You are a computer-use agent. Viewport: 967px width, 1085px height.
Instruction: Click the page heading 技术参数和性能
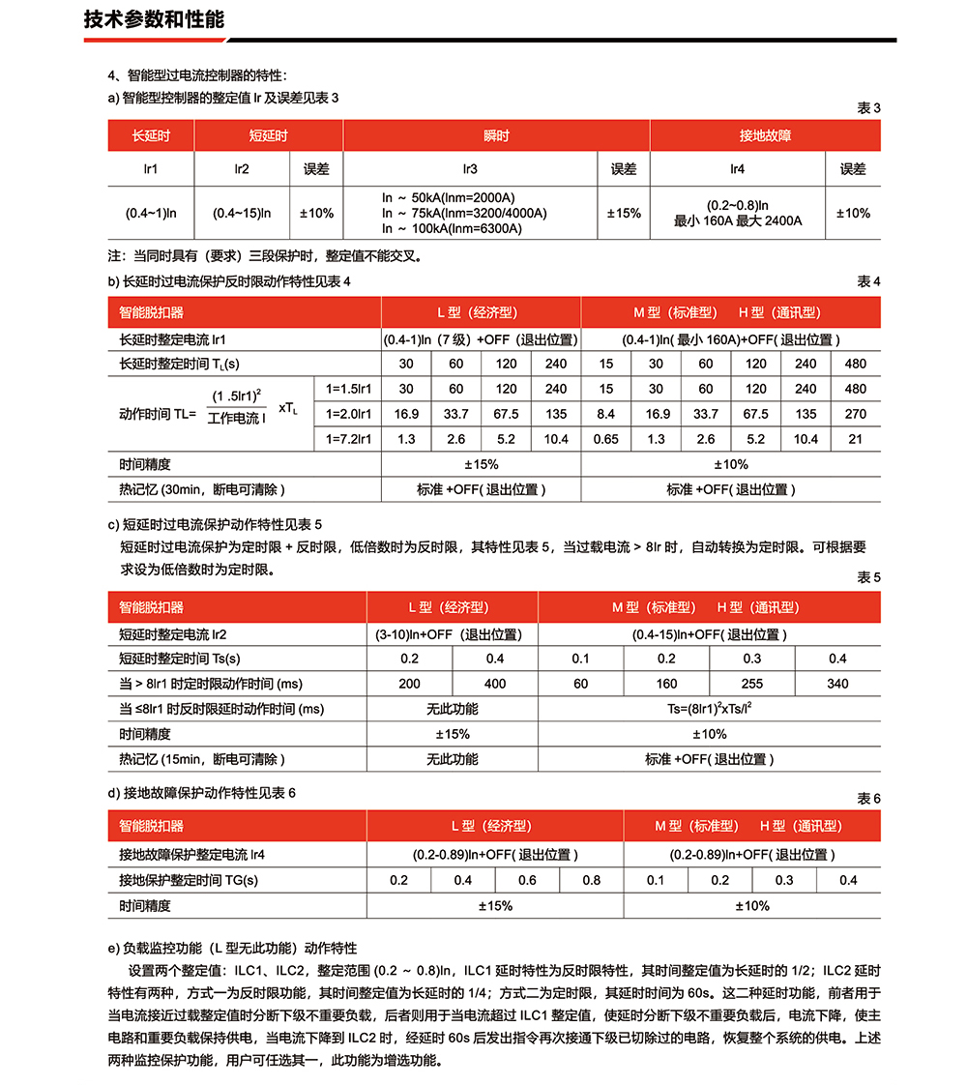[x=155, y=19]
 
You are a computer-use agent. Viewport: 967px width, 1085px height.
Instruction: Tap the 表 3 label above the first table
[x=868, y=108]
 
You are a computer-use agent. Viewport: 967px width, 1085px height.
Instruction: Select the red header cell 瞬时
[x=496, y=135]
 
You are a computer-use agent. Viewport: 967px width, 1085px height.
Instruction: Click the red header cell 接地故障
[x=765, y=135]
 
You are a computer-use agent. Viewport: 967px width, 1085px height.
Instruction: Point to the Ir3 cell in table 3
[x=470, y=169]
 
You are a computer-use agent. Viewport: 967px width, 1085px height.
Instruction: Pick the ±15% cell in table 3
[x=624, y=213]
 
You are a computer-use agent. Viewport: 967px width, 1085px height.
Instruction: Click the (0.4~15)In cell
[x=242, y=213]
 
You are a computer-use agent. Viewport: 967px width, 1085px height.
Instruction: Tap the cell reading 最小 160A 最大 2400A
[x=738, y=220]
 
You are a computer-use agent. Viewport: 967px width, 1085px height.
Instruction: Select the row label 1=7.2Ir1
[x=350, y=439]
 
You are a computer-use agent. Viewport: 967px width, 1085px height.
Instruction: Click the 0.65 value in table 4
[x=606, y=439]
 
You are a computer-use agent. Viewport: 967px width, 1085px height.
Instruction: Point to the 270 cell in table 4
[x=856, y=414]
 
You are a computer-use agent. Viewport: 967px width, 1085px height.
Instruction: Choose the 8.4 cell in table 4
[x=606, y=414]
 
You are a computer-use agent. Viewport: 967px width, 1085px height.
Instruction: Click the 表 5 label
[x=868, y=577]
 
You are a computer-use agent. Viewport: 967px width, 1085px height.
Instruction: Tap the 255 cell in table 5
[x=752, y=684]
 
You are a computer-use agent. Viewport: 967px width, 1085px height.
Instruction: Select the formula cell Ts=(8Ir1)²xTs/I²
[x=709, y=709]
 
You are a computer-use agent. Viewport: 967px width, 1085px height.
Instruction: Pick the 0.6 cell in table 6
[x=527, y=880]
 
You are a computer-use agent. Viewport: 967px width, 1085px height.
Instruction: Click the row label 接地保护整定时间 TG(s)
[x=189, y=880]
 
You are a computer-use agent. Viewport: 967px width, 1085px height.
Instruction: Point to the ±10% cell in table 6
[x=752, y=906]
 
